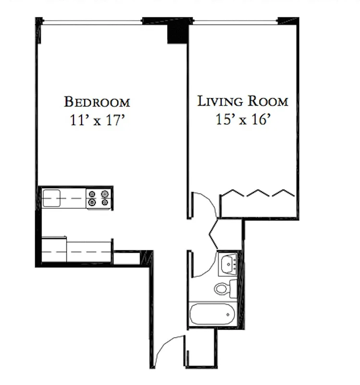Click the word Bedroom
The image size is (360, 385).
pos(97,102)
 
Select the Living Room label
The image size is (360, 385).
pos(243,101)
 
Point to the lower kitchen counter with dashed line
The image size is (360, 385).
pos(77,251)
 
